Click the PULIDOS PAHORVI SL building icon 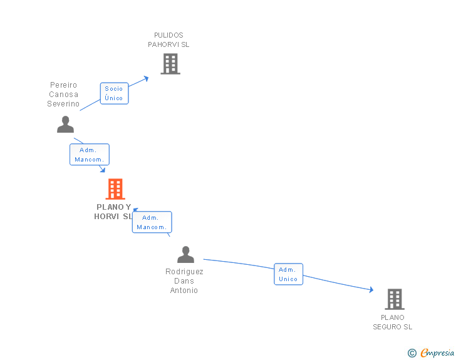pyautogui.click(x=170, y=64)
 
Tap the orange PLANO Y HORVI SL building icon pyautogui.click(x=115, y=188)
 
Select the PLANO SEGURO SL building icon pyautogui.click(x=394, y=299)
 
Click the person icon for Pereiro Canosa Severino pyautogui.click(x=65, y=125)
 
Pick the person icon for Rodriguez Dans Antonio pyautogui.click(x=185, y=255)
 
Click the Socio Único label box pyautogui.click(x=114, y=93)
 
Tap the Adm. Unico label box pyautogui.click(x=288, y=274)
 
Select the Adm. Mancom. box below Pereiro pyautogui.click(x=89, y=155)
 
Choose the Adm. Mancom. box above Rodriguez pyautogui.click(x=152, y=222)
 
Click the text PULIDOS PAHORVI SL pyautogui.click(x=168, y=40)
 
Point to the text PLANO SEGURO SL pyautogui.click(x=393, y=322)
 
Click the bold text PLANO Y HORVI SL pyautogui.click(x=113, y=212)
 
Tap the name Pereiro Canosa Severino pyautogui.click(x=63, y=95)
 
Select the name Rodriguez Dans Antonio pyautogui.click(x=184, y=281)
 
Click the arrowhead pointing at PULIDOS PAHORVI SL pyautogui.click(x=146, y=78)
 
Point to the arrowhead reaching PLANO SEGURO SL pyautogui.click(x=371, y=290)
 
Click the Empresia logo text pyautogui.click(x=437, y=353)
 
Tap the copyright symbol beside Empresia pyautogui.click(x=412, y=353)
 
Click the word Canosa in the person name pyautogui.click(x=63, y=95)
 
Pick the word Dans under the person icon pyautogui.click(x=184, y=281)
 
